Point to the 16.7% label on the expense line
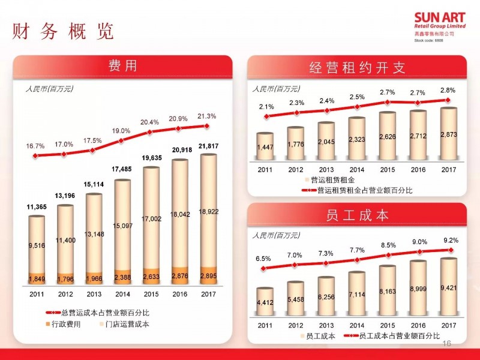pyautogui.click(x=35, y=146)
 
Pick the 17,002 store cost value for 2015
pyautogui.click(x=151, y=220)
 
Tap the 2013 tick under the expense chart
pyautogui.click(x=94, y=294)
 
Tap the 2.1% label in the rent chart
pyautogui.click(x=266, y=107)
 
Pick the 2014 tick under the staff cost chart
pyautogui.click(x=357, y=325)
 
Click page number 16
pyautogui.click(x=446, y=344)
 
